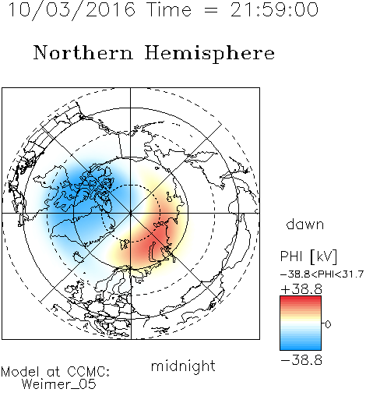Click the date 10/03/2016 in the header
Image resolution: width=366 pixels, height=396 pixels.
coord(72,10)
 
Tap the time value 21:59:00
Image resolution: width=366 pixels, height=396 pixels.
coord(274,9)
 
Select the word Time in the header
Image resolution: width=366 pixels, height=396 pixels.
coord(169,9)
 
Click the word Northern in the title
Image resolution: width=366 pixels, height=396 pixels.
coord(83,52)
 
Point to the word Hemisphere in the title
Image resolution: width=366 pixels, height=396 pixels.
coord(209,54)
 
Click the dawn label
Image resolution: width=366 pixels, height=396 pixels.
coord(305,224)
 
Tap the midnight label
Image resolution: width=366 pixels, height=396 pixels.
coord(183,366)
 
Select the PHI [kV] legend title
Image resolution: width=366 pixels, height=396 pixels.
coord(308,256)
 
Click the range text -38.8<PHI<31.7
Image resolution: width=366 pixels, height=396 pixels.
coord(322,274)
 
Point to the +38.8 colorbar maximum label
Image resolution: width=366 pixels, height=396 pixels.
coord(301,289)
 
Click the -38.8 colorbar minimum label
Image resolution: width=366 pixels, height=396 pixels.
coord(301,360)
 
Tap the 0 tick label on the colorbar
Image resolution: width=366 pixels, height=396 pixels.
coord(328,324)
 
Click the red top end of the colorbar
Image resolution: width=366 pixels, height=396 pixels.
coord(301,299)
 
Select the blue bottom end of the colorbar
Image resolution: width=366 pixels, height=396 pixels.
coord(301,348)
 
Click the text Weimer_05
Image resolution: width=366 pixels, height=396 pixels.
coord(59,384)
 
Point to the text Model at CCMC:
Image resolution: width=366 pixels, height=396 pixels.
coord(55,372)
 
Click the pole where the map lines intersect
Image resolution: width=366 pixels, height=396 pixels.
coord(130,214)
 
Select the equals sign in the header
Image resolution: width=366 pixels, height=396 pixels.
coord(211,10)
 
